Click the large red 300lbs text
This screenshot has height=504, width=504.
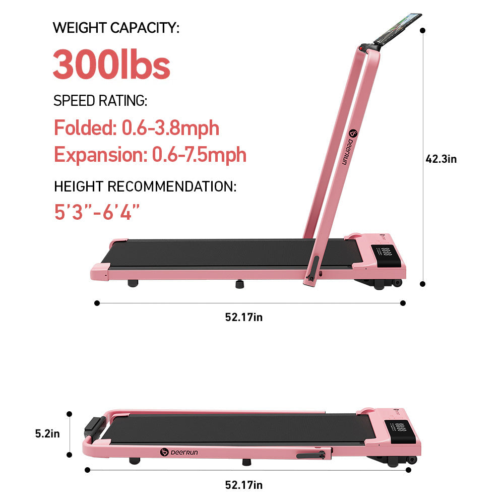111,65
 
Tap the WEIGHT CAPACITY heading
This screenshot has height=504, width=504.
116,28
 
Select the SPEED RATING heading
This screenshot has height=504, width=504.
100,101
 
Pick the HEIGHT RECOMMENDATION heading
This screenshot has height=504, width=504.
145,186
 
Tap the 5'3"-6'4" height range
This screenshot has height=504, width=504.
97,212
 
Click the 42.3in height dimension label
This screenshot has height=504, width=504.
441,159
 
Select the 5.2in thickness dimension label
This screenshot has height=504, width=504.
47,433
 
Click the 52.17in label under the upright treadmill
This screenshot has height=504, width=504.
244,317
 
